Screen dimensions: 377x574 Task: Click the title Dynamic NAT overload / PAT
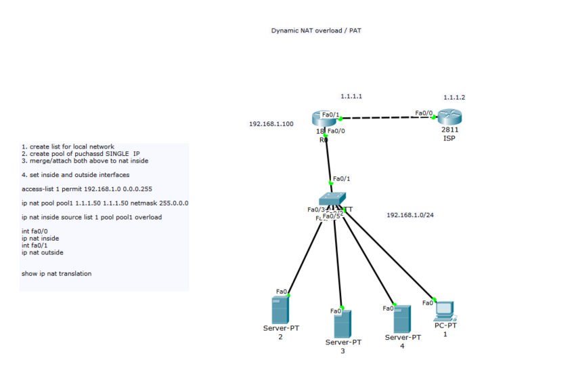(x=317, y=31)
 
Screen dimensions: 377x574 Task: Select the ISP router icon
(x=447, y=117)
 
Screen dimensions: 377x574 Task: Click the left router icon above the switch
(x=324, y=119)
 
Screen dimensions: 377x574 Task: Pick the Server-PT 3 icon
(x=343, y=323)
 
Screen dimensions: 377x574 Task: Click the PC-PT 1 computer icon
(x=445, y=311)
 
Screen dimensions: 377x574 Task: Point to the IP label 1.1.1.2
(x=454, y=98)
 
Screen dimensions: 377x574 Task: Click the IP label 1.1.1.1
(x=351, y=96)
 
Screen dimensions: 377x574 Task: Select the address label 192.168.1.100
(x=271, y=124)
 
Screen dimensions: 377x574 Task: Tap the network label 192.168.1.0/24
(x=410, y=215)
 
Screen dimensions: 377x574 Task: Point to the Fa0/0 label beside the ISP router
(x=424, y=113)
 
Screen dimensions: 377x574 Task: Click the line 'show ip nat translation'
(x=56, y=274)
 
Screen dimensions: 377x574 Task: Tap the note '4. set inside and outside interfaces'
(x=75, y=175)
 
